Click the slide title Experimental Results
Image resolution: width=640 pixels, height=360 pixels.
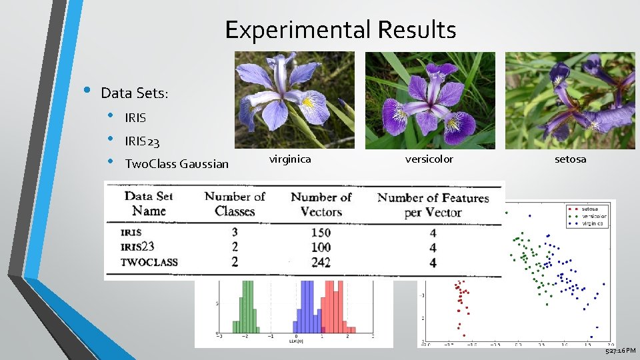point(340,30)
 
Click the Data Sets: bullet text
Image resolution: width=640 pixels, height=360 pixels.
point(135,93)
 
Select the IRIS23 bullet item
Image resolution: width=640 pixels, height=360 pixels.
point(142,141)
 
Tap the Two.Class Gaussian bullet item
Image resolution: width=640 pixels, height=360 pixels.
point(177,164)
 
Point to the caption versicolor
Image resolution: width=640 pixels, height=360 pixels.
point(429,159)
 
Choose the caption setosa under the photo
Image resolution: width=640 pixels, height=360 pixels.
point(570,159)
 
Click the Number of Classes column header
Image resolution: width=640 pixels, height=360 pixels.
point(235,203)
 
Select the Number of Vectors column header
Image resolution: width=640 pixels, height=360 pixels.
point(321,203)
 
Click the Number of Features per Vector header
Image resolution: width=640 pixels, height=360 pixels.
point(433,204)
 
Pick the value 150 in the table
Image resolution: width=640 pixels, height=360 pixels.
point(321,233)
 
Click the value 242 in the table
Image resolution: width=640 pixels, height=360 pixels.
point(321,262)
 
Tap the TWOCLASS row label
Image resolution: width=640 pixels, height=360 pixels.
point(149,262)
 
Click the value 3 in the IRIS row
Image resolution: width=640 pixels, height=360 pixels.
point(235,233)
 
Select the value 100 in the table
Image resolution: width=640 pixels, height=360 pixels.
point(321,247)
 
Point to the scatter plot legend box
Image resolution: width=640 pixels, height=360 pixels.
point(589,215)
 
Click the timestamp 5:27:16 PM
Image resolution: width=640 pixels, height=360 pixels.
point(620,351)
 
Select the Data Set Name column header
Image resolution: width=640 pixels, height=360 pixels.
point(149,203)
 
